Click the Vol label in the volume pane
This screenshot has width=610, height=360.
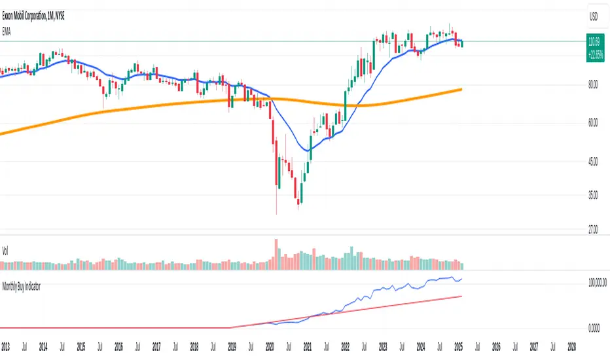[x=6, y=250]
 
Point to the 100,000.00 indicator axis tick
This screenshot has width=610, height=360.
[x=592, y=282]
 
